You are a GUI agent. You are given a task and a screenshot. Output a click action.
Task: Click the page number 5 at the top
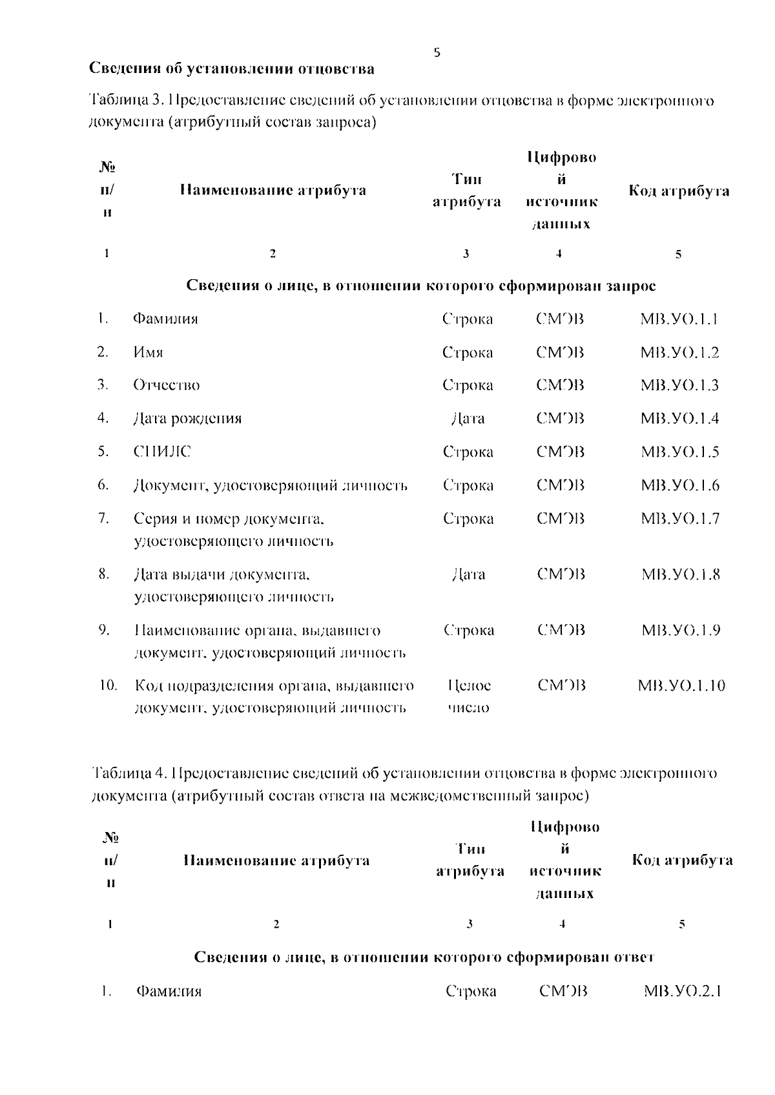click(437, 53)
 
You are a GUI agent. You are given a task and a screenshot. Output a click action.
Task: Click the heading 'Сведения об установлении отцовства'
click(231, 68)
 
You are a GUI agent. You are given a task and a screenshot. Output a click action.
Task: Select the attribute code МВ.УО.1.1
click(679, 319)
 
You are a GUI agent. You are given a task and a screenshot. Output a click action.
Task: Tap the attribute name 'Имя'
click(148, 353)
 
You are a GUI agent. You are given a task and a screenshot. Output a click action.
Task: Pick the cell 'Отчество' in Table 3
click(166, 386)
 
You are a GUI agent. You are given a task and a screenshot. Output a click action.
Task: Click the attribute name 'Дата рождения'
click(187, 419)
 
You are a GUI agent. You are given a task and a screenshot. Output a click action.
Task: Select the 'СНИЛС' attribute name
click(162, 452)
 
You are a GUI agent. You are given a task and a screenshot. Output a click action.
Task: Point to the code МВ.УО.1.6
click(679, 485)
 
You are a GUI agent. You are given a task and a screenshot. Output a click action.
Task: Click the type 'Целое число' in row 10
click(468, 696)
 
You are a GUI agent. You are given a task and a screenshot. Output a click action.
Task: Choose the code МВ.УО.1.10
click(681, 685)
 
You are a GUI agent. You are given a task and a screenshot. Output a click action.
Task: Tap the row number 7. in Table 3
click(103, 518)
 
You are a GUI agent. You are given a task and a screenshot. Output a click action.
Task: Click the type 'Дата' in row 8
click(468, 574)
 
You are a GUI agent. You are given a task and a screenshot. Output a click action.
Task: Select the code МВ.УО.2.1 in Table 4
click(682, 991)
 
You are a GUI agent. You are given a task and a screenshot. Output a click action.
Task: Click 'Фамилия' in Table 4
click(169, 992)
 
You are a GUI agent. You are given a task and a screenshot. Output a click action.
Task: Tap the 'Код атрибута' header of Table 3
click(679, 191)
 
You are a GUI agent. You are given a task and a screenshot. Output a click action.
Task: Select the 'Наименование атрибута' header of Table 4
click(276, 860)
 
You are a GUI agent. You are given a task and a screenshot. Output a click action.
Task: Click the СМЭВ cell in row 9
click(561, 630)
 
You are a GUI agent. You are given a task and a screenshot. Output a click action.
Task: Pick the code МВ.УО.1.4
click(679, 419)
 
